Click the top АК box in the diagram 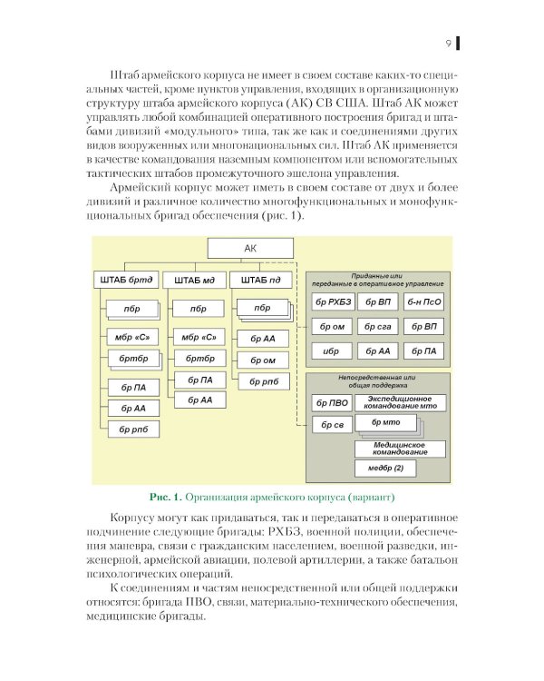pyautogui.click(x=251, y=248)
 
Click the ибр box pyautogui.click(x=332, y=350)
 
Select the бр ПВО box pyautogui.click(x=332, y=401)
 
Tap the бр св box pyautogui.click(x=332, y=424)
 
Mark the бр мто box pyautogui.click(x=384, y=423)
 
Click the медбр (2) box pyautogui.click(x=391, y=469)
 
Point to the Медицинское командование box pyautogui.click(x=400, y=448)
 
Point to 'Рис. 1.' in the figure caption pyautogui.click(x=165, y=497)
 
